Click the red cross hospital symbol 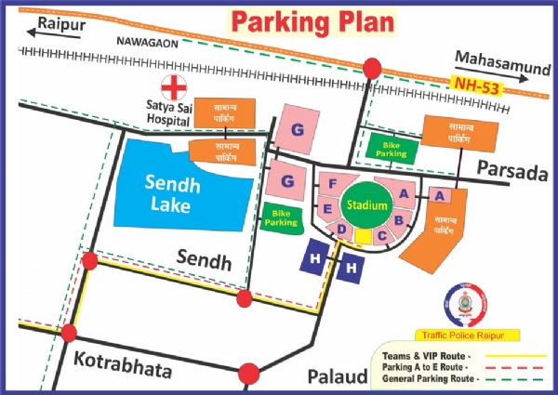click(173, 88)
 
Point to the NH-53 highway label click(475, 85)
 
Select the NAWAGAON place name click(147, 43)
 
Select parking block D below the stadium click(342, 229)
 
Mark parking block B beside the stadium click(398, 220)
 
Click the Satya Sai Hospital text click(173, 114)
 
